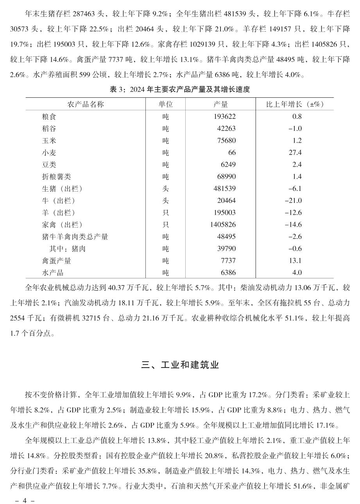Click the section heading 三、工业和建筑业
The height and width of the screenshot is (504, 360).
[180, 365]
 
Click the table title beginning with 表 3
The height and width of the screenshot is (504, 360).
[180, 90]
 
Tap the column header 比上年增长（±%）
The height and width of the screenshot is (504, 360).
[295, 104]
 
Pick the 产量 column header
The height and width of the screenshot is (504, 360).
[221, 104]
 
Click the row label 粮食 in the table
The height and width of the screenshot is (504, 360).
[49, 117]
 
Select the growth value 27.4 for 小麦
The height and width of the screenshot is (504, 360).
[295, 152]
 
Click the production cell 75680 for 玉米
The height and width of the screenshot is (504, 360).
[226, 140]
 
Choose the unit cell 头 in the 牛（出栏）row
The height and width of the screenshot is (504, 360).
[165, 201]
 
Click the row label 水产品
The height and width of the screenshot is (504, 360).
[53, 273]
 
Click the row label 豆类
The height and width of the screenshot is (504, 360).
[49, 165]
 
